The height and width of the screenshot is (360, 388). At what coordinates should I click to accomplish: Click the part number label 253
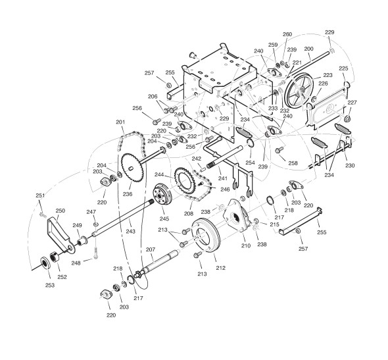pyautogui.click(x=50, y=285)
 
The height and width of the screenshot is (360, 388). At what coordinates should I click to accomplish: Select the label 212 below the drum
pyautogui.click(x=220, y=268)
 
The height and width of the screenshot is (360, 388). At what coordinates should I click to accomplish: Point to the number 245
pyautogui.click(x=164, y=219)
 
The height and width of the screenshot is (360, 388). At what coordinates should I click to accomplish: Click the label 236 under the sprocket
pyautogui.click(x=128, y=194)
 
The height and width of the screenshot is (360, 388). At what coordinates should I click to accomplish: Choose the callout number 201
pyautogui.click(x=120, y=122)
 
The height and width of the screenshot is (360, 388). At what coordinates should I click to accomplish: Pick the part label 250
pyautogui.click(x=61, y=211)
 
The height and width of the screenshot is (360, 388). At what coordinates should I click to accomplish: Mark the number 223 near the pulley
pyautogui.click(x=328, y=75)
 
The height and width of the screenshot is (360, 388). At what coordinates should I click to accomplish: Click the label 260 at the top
pyautogui.click(x=287, y=34)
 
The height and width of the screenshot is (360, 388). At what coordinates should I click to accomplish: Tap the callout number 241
pyautogui.click(x=223, y=178)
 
